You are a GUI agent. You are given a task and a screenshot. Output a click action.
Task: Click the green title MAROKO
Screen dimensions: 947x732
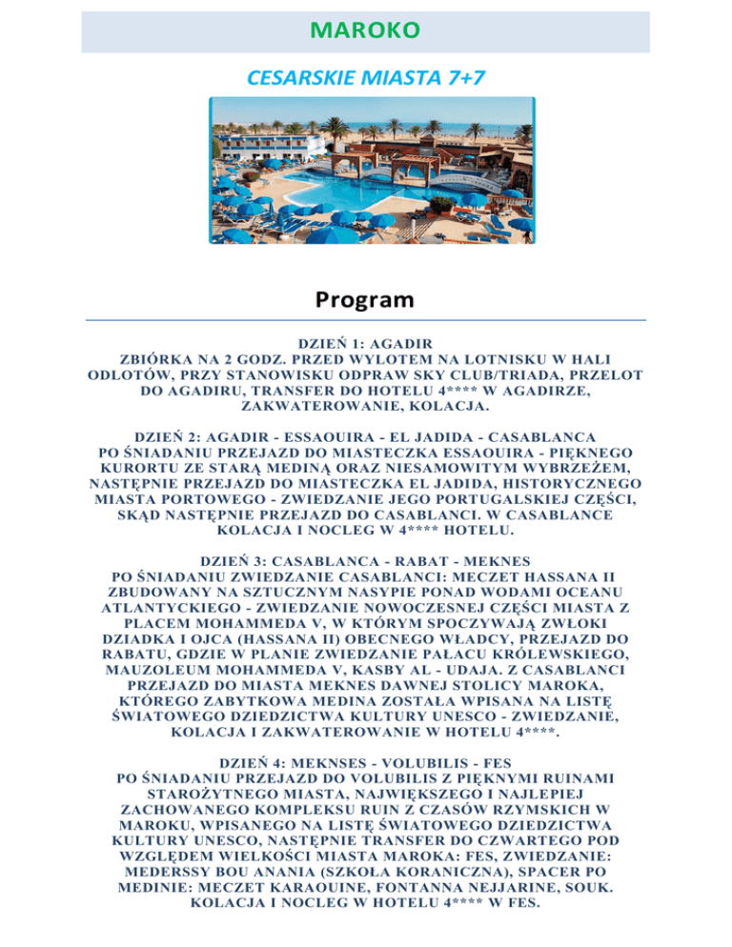[366, 30]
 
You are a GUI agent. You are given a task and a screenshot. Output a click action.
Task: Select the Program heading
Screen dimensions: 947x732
[366, 300]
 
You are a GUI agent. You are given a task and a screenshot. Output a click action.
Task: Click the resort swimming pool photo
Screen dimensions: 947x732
[366, 174]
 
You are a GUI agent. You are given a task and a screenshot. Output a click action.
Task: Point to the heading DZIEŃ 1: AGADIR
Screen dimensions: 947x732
[366, 341]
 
